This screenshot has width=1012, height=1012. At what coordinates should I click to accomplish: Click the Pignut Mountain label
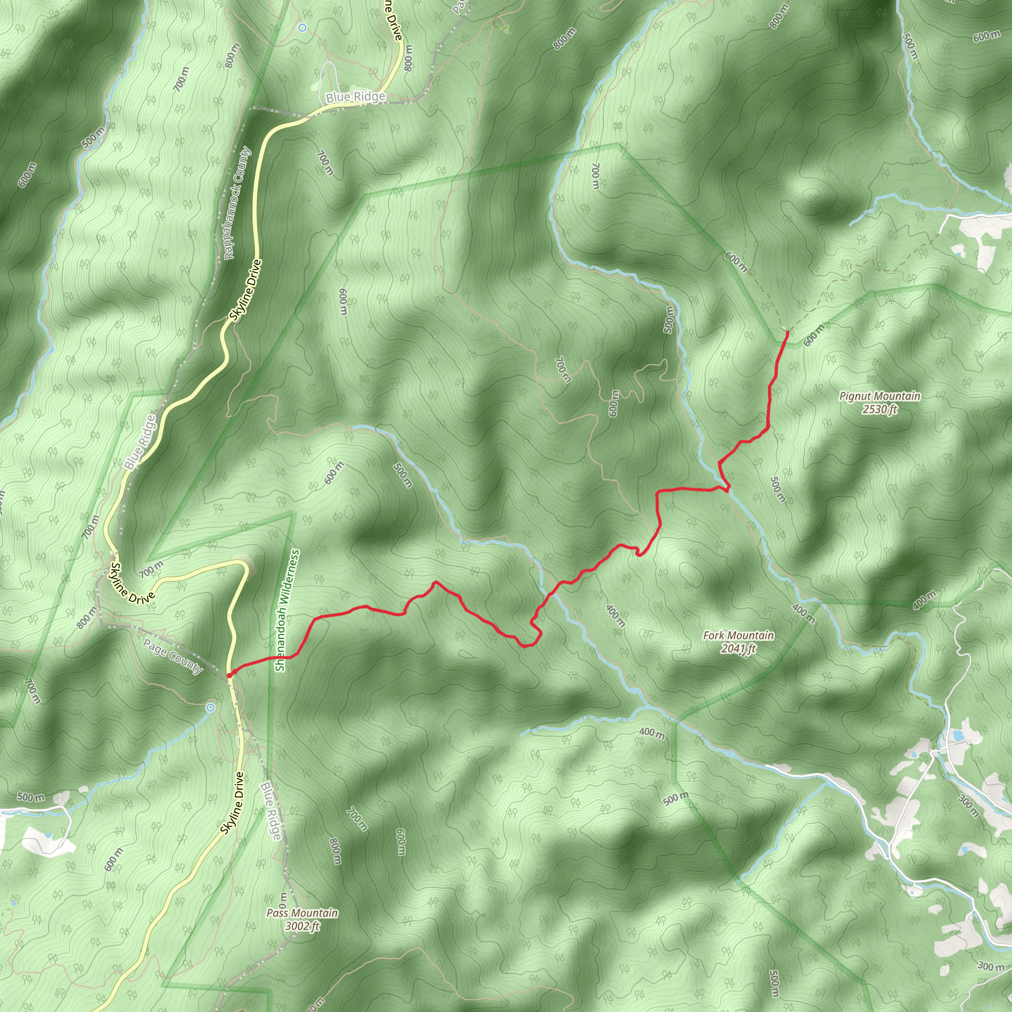(880, 396)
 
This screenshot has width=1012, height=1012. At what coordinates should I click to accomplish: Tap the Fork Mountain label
(738, 635)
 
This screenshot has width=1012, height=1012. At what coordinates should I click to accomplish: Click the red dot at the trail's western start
(229, 675)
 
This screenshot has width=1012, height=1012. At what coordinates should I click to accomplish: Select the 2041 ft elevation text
(738, 648)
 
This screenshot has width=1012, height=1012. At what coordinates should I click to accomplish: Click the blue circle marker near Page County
(210, 708)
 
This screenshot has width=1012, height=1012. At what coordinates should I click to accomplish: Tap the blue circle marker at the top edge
(302, 27)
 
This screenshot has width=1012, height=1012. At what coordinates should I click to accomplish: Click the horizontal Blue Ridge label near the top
(355, 97)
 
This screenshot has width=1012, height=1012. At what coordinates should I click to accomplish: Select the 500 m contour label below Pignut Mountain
(778, 489)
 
